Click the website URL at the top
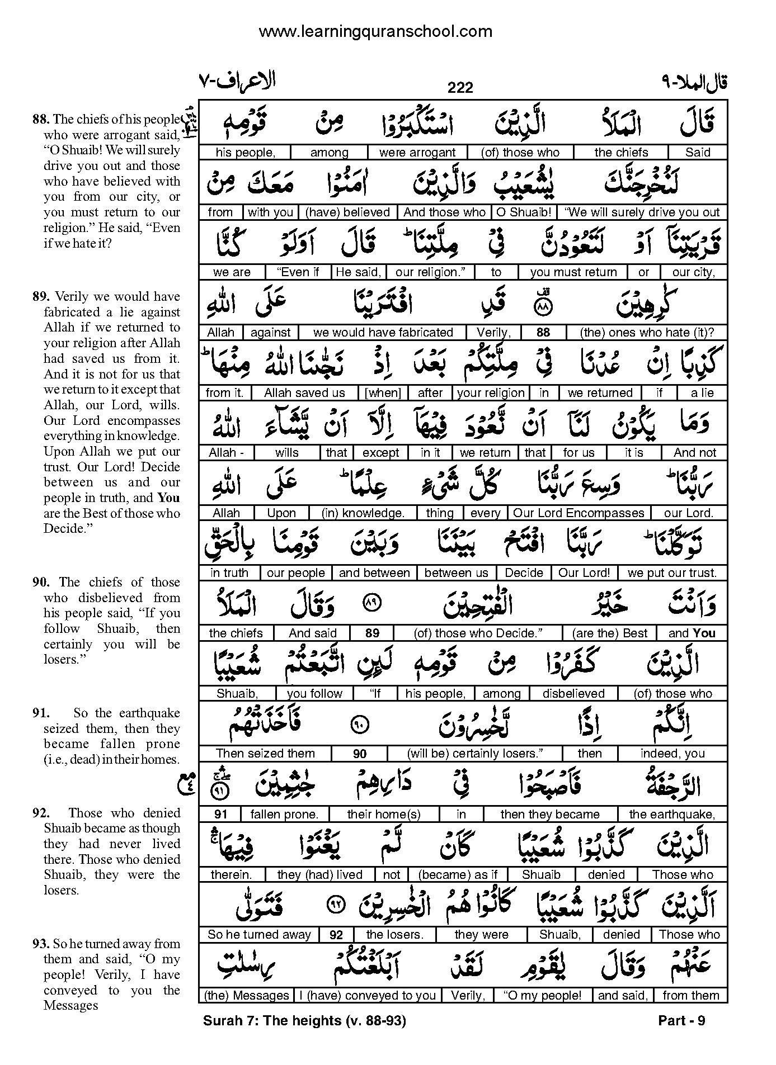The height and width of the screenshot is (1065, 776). click(375, 32)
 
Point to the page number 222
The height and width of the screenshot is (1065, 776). click(460, 88)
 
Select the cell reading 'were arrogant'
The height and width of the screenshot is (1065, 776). click(417, 153)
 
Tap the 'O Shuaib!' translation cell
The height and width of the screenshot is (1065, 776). click(524, 212)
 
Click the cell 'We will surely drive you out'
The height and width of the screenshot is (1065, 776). click(642, 212)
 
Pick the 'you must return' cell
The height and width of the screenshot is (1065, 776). click(573, 272)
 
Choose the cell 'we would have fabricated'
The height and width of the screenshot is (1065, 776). click(383, 333)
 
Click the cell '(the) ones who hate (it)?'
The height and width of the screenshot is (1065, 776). click(647, 333)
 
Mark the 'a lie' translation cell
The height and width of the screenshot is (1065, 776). click(702, 393)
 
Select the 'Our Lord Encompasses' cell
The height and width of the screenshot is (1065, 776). click(579, 513)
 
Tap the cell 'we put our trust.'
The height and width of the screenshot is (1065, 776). click(672, 573)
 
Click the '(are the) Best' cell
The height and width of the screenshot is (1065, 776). click(610, 633)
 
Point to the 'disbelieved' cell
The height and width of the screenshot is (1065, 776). click(573, 694)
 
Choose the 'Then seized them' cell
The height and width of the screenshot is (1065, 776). click(265, 754)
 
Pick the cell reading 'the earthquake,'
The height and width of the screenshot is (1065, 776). click(672, 814)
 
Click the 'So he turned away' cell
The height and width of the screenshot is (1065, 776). click(259, 934)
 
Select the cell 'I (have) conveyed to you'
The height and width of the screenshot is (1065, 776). click(368, 995)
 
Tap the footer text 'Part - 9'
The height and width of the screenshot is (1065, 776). click(681, 1021)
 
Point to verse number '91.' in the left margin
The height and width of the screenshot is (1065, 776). click(41, 713)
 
